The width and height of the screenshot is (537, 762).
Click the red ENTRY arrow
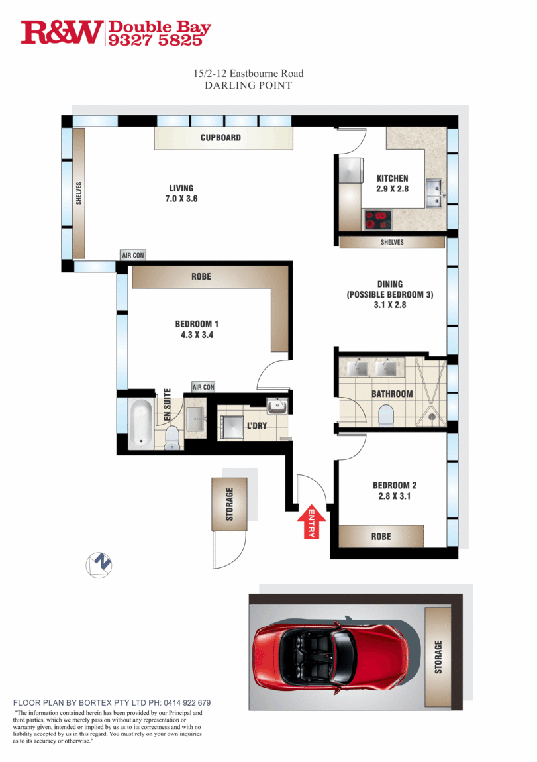coord(311,522)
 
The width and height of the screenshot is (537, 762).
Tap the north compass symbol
coord(99,565)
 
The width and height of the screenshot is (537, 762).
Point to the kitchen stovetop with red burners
coord(378,219)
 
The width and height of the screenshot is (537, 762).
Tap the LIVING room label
coord(181,188)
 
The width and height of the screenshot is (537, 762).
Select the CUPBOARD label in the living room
coord(221,138)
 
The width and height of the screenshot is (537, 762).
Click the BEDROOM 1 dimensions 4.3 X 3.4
coord(197,335)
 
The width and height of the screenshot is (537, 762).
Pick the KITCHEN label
coord(392,178)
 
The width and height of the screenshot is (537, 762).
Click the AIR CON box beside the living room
coord(133,255)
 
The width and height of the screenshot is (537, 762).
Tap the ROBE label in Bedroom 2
coord(381,537)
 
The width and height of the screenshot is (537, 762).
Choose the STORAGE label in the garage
coord(438,657)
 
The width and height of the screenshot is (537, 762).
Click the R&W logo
coord(62,32)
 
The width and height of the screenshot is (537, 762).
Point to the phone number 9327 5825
coord(156,40)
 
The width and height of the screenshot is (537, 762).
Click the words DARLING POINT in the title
coord(248,85)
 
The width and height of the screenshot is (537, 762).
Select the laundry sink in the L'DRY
coord(277,406)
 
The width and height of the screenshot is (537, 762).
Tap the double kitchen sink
coord(434,193)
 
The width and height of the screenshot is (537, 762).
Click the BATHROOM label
coord(392,394)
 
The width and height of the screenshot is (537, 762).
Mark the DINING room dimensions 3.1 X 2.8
coord(390,305)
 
